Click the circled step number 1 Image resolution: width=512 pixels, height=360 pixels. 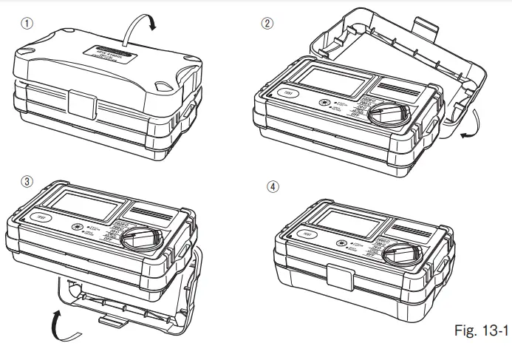click(27, 23)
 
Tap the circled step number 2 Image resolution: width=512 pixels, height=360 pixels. click(268, 23)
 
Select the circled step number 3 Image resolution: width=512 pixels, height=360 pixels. click(27, 182)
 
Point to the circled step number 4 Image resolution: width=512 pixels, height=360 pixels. click(273, 186)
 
